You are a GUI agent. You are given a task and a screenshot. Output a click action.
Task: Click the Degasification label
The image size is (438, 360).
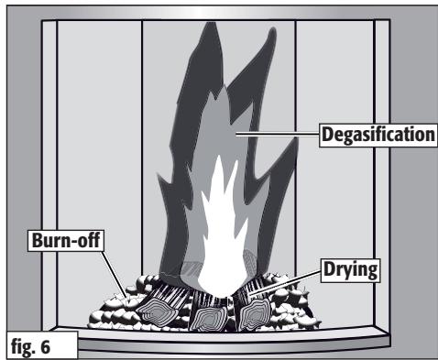(378, 135)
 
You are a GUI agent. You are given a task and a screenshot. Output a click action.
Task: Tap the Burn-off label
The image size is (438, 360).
(66, 241)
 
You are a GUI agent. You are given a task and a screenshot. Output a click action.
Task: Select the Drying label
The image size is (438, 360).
(350, 270)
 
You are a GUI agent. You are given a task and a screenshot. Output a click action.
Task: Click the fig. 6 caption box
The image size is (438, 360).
(42, 345)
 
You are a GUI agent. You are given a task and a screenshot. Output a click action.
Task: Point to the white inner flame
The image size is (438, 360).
(223, 232)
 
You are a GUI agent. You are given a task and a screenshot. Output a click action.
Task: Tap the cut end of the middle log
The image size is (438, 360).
(209, 319)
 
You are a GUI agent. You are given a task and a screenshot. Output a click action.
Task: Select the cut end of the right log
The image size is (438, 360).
(256, 314)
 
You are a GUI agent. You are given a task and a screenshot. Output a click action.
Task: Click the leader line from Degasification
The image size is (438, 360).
(278, 134)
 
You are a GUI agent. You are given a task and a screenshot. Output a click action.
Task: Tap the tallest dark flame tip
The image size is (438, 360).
(212, 24)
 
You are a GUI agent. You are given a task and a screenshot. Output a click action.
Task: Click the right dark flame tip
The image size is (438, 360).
(272, 29)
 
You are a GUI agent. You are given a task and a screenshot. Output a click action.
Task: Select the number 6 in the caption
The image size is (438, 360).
(45, 347)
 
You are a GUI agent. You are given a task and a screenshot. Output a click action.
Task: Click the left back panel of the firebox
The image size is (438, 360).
(99, 147)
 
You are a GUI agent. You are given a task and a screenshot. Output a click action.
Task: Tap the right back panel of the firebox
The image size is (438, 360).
(334, 147)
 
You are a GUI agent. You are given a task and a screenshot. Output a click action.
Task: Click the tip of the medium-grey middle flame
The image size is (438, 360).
(224, 86)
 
